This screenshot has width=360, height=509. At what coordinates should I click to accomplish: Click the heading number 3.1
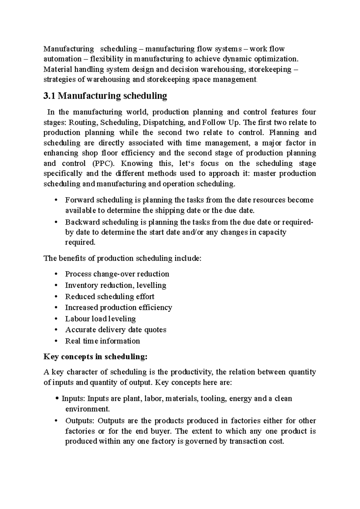click(x=49, y=96)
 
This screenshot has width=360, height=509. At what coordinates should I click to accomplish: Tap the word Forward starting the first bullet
click(x=79, y=200)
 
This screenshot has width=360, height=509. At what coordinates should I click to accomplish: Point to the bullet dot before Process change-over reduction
click(x=56, y=274)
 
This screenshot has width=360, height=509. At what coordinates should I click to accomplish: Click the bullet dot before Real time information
click(x=56, y=341)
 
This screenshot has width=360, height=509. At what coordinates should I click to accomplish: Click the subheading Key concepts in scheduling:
click(x=96, y=357)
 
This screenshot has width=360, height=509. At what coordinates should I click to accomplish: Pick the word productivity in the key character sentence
click(x=192, y=372)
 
